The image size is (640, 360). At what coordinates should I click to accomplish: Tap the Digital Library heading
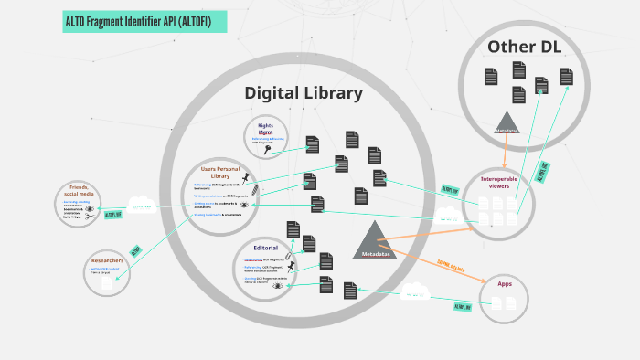pyautogui.click(x=304, y=93)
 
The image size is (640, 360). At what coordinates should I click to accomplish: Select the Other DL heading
pyautogui.click(x=524, y=47)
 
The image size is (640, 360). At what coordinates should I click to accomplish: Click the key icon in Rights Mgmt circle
pyautogui.click(x=269, y=151)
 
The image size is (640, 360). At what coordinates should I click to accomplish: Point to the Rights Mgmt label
pyautogui.click(x=265, y=129)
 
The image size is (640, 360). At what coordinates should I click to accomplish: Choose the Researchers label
pyautogui.click(x=108, y=261)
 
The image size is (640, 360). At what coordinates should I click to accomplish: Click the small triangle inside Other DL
pyautogui.click(x=507, y=122)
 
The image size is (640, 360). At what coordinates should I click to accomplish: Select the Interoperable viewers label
pyautogui.click(x=497, y=182)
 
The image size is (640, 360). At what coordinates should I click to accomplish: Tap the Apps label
pyautogui.click(x=505, y=284)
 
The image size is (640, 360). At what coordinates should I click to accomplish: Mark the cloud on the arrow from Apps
pyautogui.click(x=415, y=292)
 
